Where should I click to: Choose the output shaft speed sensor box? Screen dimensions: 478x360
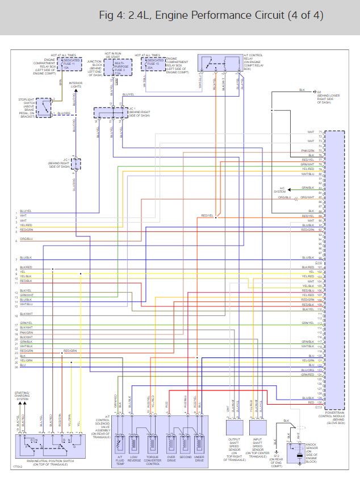click(x=234, y=427)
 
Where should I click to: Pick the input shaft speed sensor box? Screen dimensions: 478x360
click(x=257, y=427)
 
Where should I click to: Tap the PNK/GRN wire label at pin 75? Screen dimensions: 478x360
click(x=307, y=151)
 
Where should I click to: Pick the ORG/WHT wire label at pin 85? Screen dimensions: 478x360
click(x=307, y=197)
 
